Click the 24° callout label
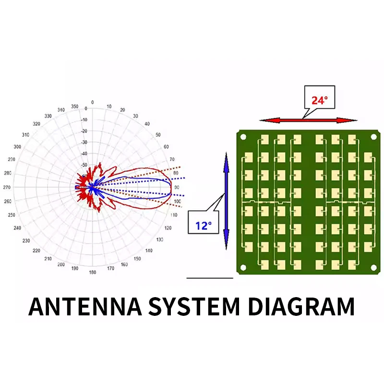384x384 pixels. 319,100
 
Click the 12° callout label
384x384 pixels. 204,225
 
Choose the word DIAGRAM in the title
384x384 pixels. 300,306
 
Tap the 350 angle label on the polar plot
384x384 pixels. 74,106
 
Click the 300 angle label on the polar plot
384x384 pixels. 18,147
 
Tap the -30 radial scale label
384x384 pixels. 84,143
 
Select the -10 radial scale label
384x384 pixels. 84,120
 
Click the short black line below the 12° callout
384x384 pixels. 209,277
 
